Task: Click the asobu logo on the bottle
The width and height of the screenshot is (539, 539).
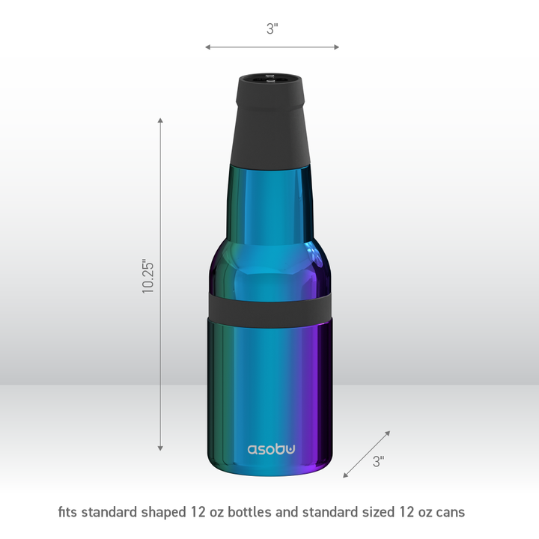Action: (x=272, y=449)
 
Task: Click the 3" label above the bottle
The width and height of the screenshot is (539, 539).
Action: (x=272, y=28)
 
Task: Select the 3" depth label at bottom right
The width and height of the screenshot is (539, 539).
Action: (x=378, y=462)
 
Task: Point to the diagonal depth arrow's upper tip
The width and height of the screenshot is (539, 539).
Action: (x=388, y=433)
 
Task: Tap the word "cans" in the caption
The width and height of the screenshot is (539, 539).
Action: (x=449, y=513)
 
